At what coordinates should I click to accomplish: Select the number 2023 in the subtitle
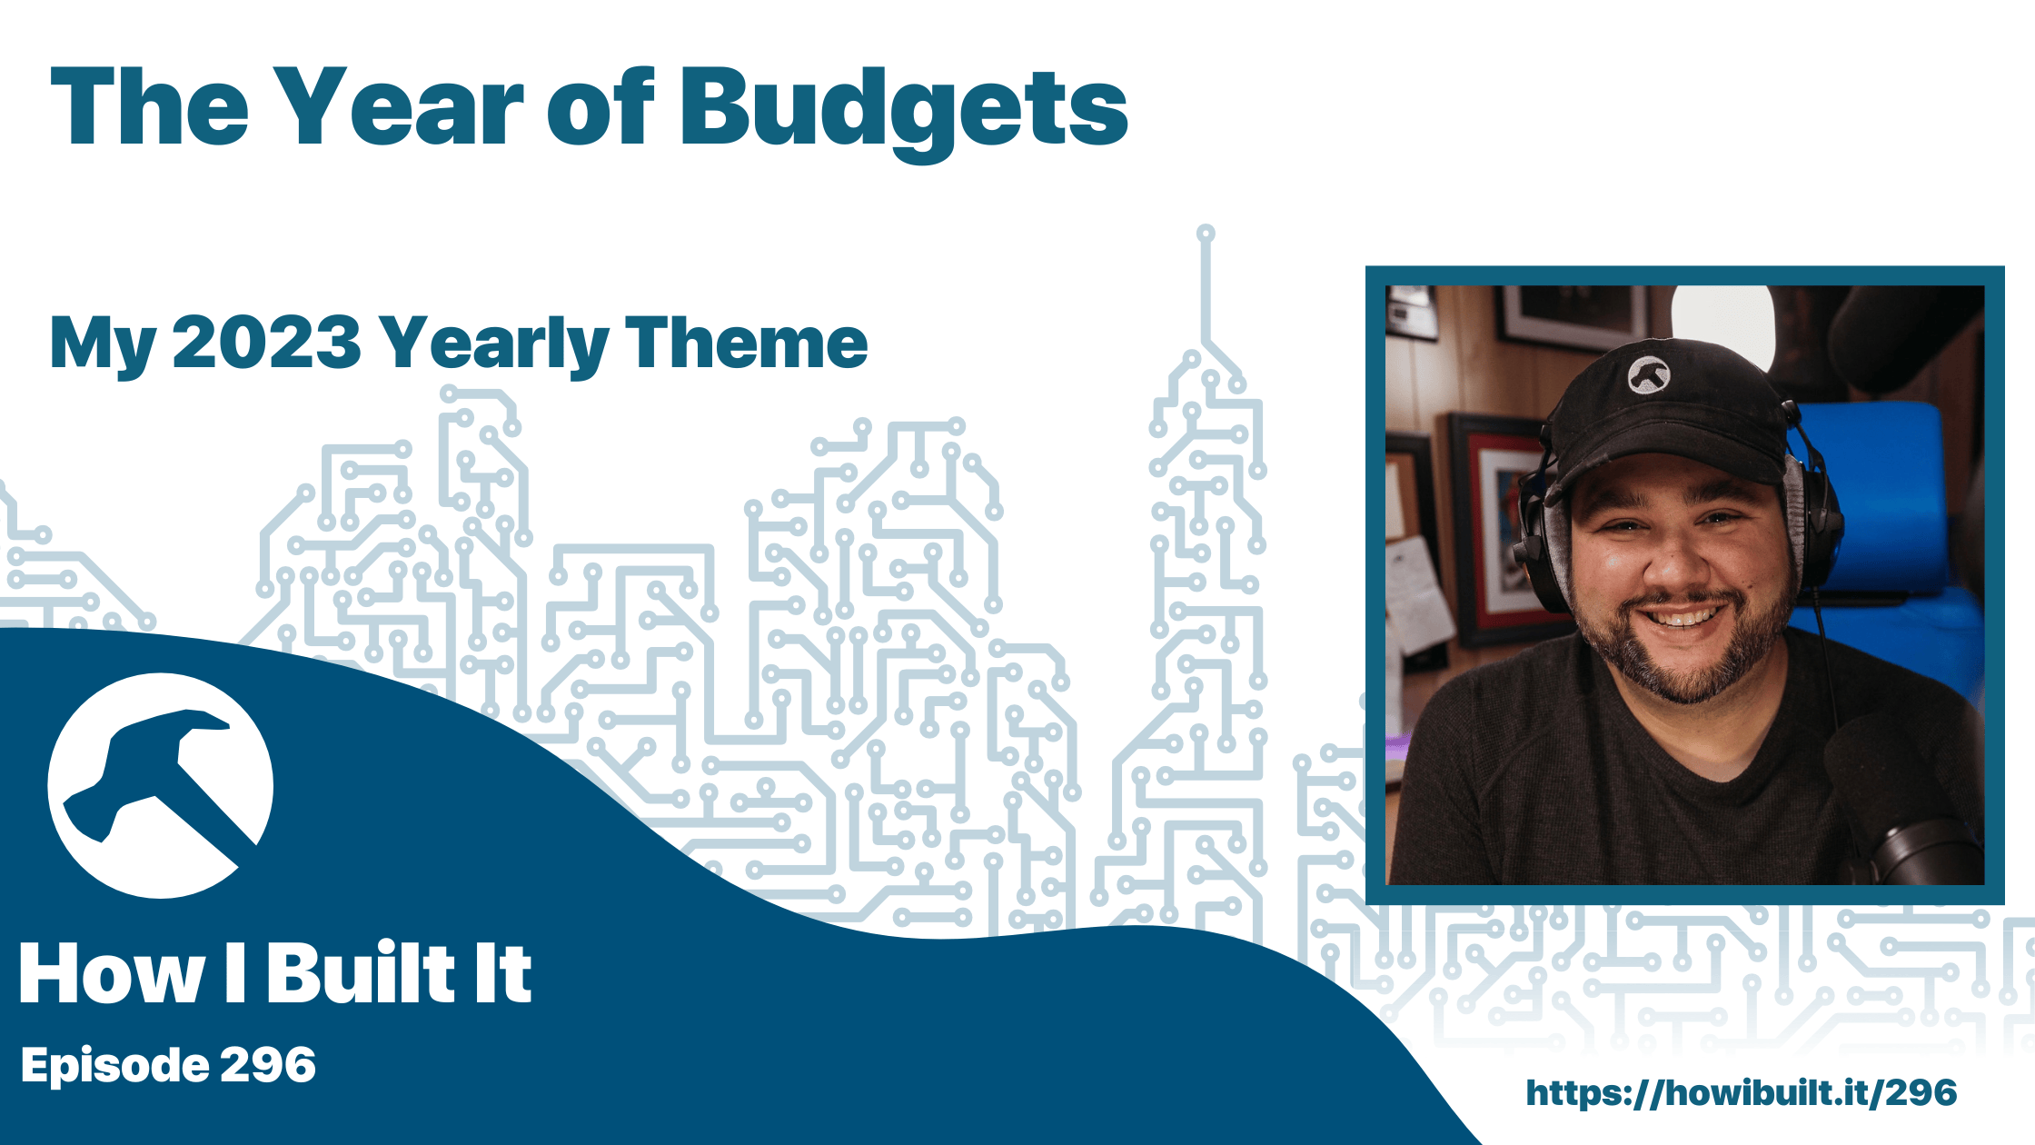point(267,343)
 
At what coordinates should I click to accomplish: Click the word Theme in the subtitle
point(746,343)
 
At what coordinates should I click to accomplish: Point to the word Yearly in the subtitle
point(494,345)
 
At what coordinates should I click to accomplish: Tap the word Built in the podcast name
point(362,973)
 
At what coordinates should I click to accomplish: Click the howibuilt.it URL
point(1742,1093)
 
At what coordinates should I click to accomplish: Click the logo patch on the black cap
point(1648,373)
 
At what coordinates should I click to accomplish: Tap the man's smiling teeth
point(1682,618)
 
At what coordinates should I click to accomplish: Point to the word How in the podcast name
point(112,973)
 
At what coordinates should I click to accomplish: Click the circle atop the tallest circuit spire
point(1206,234)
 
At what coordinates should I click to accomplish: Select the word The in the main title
point(150,106)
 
